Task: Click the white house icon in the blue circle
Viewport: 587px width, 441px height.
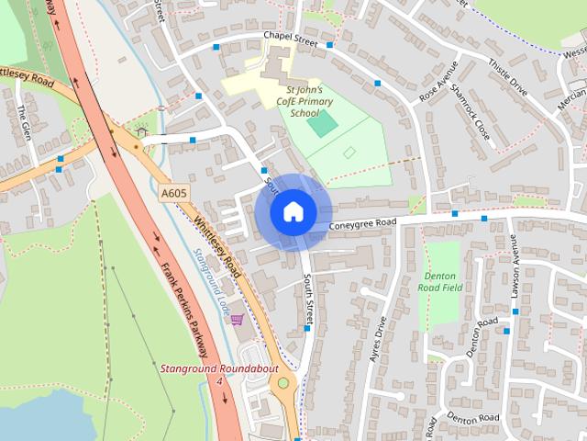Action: [293, 211]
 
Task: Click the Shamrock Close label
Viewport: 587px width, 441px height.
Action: [475, 121]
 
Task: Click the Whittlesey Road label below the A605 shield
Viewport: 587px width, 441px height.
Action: [218, 246]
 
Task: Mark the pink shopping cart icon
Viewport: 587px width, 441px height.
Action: [238, 320]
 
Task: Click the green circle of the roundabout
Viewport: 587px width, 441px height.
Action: [282, 383]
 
